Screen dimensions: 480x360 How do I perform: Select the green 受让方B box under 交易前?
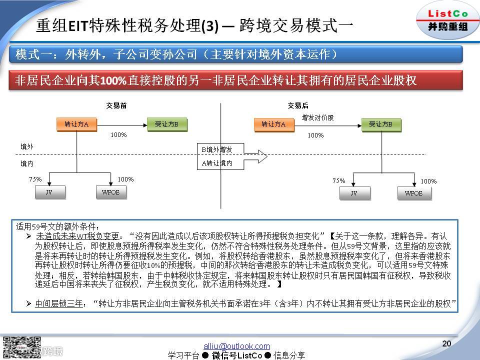[167, 124]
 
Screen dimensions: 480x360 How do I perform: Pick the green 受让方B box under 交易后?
[380, 124]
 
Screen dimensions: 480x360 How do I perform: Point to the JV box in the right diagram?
[353, 193]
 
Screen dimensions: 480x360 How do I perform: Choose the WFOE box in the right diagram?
[413, 193]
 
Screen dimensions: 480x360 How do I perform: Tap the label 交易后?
[298, 105]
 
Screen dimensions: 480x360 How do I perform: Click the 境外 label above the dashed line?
[27, 146]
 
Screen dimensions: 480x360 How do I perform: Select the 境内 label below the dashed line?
[27, 163]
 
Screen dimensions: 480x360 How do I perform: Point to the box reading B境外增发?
[216, 149]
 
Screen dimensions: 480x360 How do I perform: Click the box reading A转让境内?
[216, 163]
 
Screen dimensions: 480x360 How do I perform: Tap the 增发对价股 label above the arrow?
[317, 117]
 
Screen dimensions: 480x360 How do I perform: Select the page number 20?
[447, 343]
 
